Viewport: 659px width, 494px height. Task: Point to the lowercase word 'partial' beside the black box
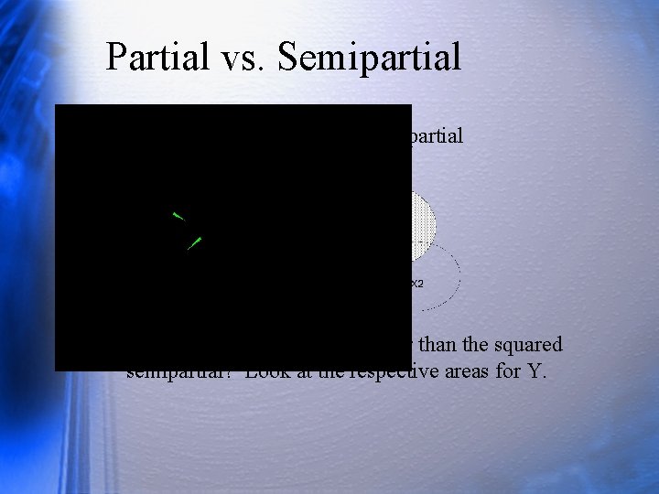point(438,136)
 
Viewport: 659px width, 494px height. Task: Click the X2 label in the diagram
point(416,284)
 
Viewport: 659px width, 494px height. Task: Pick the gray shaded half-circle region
point(422,225)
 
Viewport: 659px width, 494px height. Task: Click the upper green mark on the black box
point(178,216)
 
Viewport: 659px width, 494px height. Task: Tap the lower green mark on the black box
point(194,243)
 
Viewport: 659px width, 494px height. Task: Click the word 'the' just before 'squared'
point(483,345)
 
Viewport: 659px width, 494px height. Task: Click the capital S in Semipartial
point(288,57)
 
